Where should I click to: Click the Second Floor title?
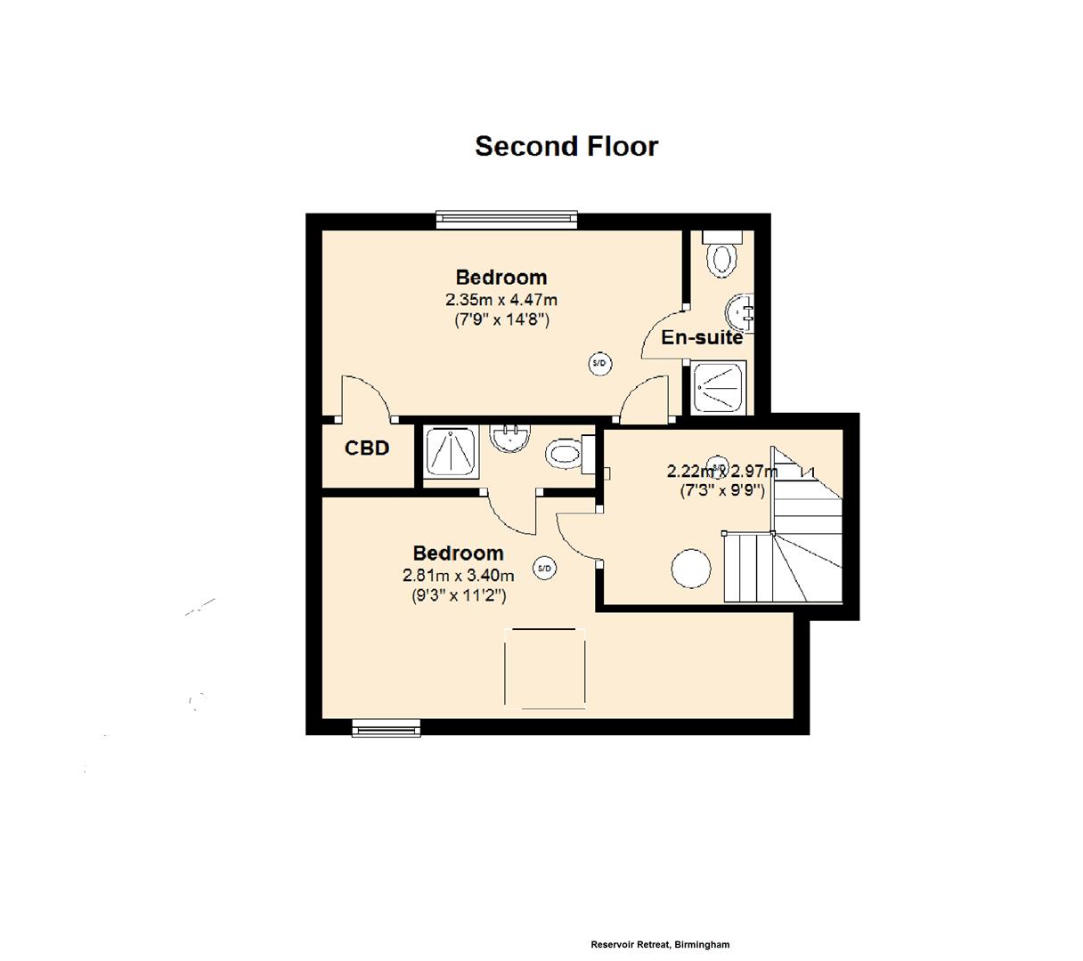point(566,146)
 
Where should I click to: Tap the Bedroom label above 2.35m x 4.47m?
point(501,277)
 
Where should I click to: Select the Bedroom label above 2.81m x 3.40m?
point(458,553)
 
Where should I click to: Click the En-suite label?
point(701,337)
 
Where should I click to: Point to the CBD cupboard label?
point(367,448)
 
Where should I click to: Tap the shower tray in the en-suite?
point(718,387)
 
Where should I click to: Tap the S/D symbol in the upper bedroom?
point(599,363)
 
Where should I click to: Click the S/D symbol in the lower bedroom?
point(544,568)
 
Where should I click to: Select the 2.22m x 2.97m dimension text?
point(721,472)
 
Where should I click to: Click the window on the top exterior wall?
point(506,220)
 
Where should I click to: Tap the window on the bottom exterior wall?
point(386,728)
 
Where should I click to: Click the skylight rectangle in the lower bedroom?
point(545,668)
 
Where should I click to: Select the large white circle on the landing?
point(689,569)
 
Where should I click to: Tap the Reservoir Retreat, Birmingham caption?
point(659,944)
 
